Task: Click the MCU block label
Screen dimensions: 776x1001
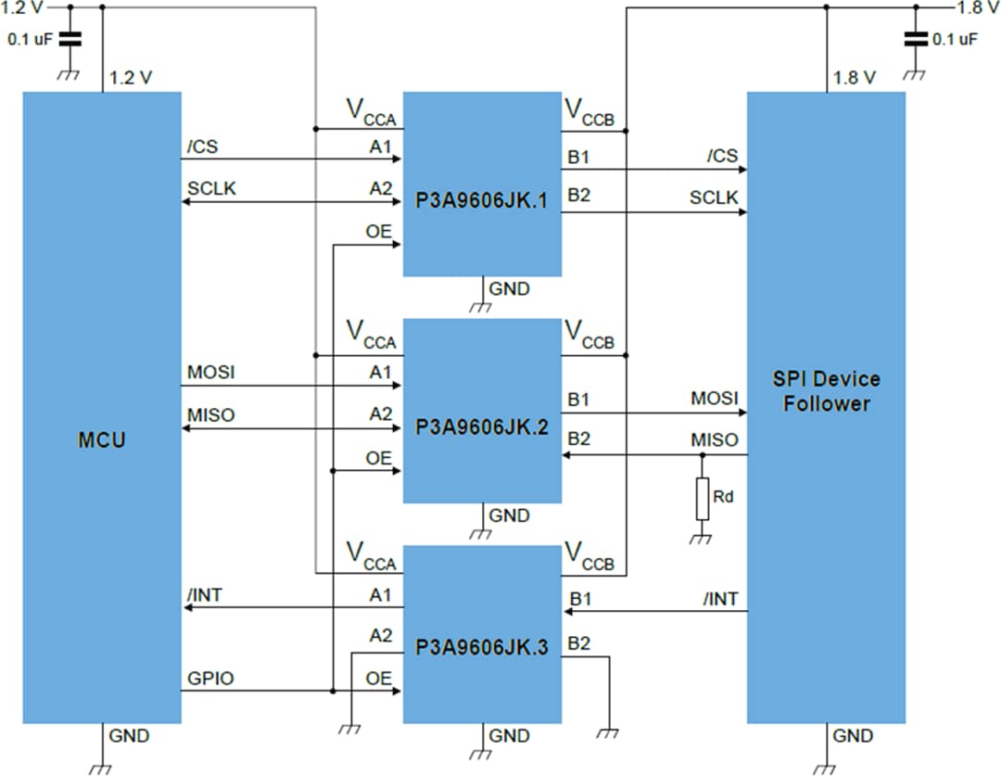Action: click(x=102, y=440)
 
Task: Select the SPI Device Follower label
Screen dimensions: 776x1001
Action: click(x=826, y=391)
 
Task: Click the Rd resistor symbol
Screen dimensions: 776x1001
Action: click(x=702, y=498)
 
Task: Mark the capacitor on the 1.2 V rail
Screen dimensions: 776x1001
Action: click(x=70, y=39)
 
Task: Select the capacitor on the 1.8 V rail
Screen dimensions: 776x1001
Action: click(x=916, y=39)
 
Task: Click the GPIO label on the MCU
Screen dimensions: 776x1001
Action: click(x=210, y=679)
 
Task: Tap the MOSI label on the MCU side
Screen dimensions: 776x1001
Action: click(x=210, y=372)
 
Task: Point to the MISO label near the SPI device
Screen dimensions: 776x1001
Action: click(x=714, y=439)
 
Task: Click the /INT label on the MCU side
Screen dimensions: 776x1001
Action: click(x=205, y=594)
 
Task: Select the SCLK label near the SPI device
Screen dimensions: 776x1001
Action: click(x=714, y=197)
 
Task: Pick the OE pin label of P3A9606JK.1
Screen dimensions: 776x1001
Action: click(x=378, y=233)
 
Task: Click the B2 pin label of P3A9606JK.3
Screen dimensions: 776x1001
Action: click(x=578, y=643)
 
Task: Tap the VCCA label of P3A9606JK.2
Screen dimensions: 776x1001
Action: click(x=371, y=335)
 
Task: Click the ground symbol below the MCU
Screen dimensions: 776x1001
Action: click(x=101, y=766)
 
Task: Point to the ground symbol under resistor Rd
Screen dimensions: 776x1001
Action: click(x=702, y=537)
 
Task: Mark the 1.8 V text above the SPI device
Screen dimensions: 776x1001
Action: click(x=855, y=78)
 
